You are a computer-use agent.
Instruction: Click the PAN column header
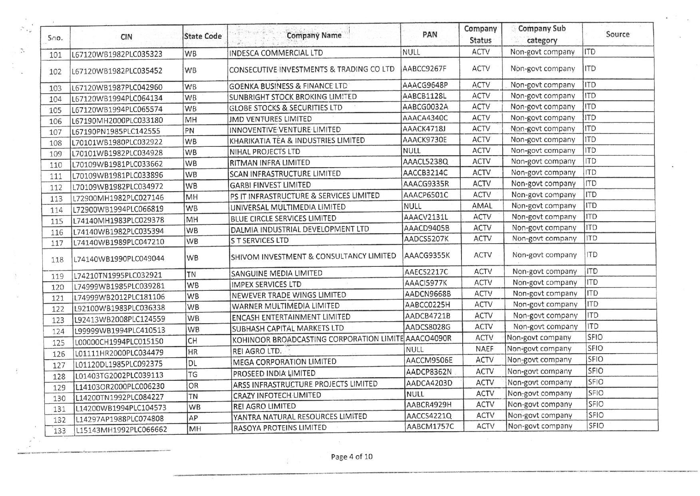pyautogui.click(x=430, y=34)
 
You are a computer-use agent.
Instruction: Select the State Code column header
pyautogui.click(x=203, y=36)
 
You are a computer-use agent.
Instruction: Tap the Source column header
pyautogui.click(x=617, y=34)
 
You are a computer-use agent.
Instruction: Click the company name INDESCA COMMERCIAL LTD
pyautogui.click(x=276, y=53)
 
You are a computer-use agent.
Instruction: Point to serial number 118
pyautogui.click(x=58, y=260)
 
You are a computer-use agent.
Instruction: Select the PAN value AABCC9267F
pyautogui.click(x=424, y=68)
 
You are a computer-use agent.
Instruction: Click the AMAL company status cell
pyautogui.click(x=482, y=206)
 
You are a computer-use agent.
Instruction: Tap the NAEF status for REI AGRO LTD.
pyautogui.click(x=484, y=349)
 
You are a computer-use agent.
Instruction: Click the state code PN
pyautogui.click(x=189, y=130)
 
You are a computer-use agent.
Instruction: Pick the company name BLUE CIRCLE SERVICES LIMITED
pyautogui.click(x=283, y=218)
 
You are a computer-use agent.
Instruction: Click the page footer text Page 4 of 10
pyautogui.click(x=352, y=456)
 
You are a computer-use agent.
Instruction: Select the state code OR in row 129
pyautogui.click(x=193, y=386)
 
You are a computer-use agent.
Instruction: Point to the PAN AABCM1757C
pyautogui.click(x=430, y=426)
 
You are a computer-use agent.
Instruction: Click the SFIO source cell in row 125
pyautogui.click(x=595, y=337)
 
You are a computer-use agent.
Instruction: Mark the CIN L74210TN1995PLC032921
pyautogui.click(x=118, y=275)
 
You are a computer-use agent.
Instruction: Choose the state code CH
pyautogui.click(x=192, y=341)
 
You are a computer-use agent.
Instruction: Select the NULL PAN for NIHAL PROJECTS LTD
pyautogui.click(x=412, y=151)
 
